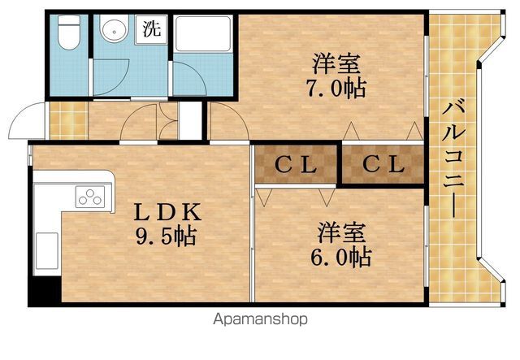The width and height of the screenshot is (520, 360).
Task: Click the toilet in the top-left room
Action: pos(69,33)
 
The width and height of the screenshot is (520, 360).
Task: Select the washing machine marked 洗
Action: pos(152,29)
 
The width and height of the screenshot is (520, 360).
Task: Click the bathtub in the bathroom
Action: pos(203,33)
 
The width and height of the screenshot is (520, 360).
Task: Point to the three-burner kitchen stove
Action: pos(90,197)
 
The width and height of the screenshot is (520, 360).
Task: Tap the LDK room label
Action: pos(167,212)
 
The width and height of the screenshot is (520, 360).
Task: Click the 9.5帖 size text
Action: pos(166,236)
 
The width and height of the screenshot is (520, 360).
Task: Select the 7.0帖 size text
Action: pos(336,88)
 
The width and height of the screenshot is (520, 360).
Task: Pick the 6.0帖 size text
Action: pos(341,257)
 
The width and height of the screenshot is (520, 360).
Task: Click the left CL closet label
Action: pos(296,165)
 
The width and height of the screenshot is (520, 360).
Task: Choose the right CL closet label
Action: pos(383,164)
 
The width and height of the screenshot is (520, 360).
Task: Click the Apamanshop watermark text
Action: pos(260,319)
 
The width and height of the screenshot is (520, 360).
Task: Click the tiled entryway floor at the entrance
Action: pos(68,120)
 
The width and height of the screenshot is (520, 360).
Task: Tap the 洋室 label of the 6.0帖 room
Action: pos(341,232)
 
